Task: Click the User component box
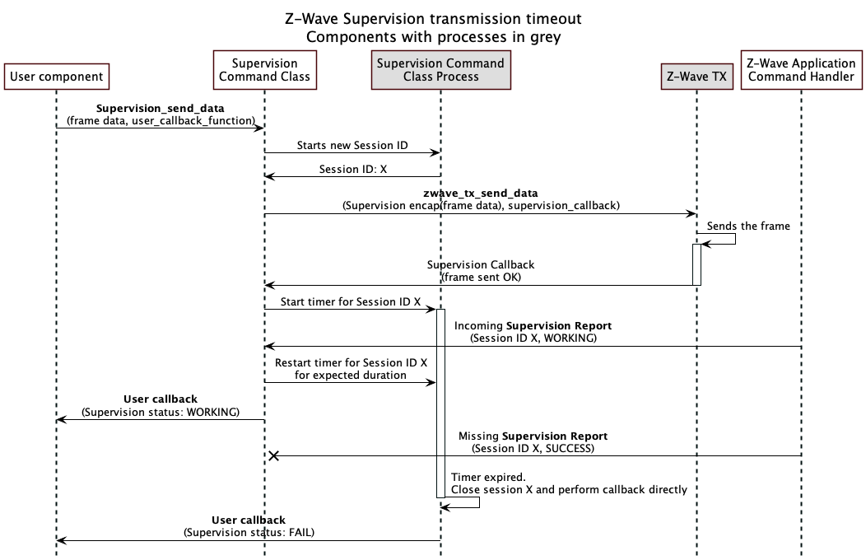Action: tap(57, 77)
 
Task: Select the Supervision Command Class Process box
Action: tap(440, 70)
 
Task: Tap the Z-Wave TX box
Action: tap(696, 77)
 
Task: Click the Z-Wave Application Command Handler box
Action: tap(801, 70)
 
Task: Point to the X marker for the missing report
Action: tap(274, 455)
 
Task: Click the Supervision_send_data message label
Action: tap(161, 108)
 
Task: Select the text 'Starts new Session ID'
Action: tap(352, 145)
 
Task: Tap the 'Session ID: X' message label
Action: tap(352, 170)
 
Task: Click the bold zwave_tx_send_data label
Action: tap(481, 193)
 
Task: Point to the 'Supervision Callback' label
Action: tap(481, 264)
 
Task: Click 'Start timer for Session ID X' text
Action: tap(351, 302)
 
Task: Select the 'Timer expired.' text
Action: tap(489, 477)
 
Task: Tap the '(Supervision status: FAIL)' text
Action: tap(249, 532)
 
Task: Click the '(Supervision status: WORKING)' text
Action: tap(161, 412)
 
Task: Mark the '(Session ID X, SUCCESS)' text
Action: tap(533, 449)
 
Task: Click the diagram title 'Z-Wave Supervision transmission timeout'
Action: tap(433, 17)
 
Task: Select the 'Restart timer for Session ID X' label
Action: tap(351, 362)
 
